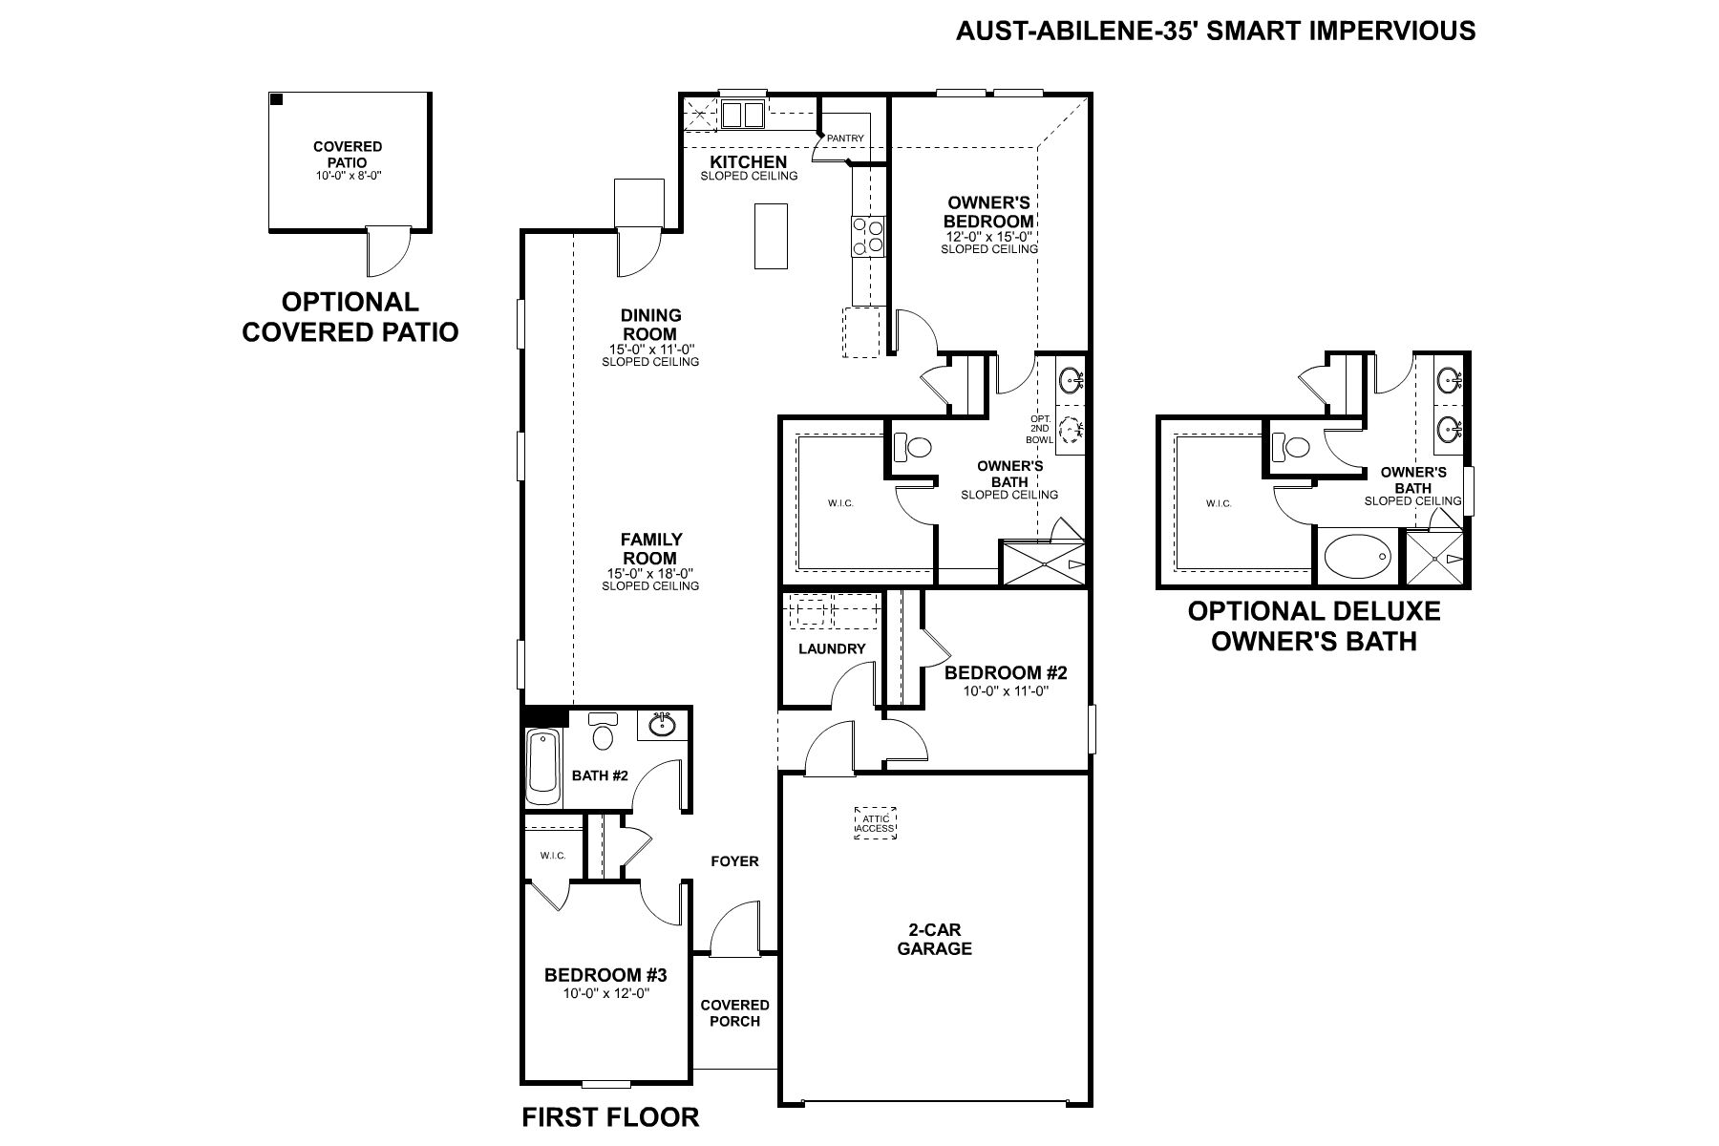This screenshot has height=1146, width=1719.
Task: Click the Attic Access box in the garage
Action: [875, 823]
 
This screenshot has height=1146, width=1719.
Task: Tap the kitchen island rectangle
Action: [770, 236]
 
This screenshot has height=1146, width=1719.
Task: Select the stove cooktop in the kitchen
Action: [868, 236]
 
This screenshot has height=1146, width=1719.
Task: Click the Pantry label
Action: [845, 138]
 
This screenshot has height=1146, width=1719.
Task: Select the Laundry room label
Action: [832, 648]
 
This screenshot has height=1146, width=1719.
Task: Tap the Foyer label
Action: [734, 861]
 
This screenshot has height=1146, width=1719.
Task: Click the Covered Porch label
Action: [734, 1012]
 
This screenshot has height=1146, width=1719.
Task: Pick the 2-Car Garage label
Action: [934, 940]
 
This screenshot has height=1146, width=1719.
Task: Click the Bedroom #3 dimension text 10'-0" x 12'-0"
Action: [605, 993]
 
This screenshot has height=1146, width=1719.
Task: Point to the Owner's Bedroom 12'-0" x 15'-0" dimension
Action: [988, 236]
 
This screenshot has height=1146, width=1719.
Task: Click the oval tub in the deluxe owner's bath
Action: [1357, 556]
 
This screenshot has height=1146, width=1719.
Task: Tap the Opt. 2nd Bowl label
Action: [1039, 430]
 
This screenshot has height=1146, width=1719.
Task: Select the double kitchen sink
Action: [742, 115]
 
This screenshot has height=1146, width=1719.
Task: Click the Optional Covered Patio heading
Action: [350, 316]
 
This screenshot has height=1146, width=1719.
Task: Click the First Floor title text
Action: [610, 1116]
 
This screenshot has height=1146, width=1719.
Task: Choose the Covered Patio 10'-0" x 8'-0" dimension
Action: [348, 176]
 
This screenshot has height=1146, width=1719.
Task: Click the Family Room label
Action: [650, 548]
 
